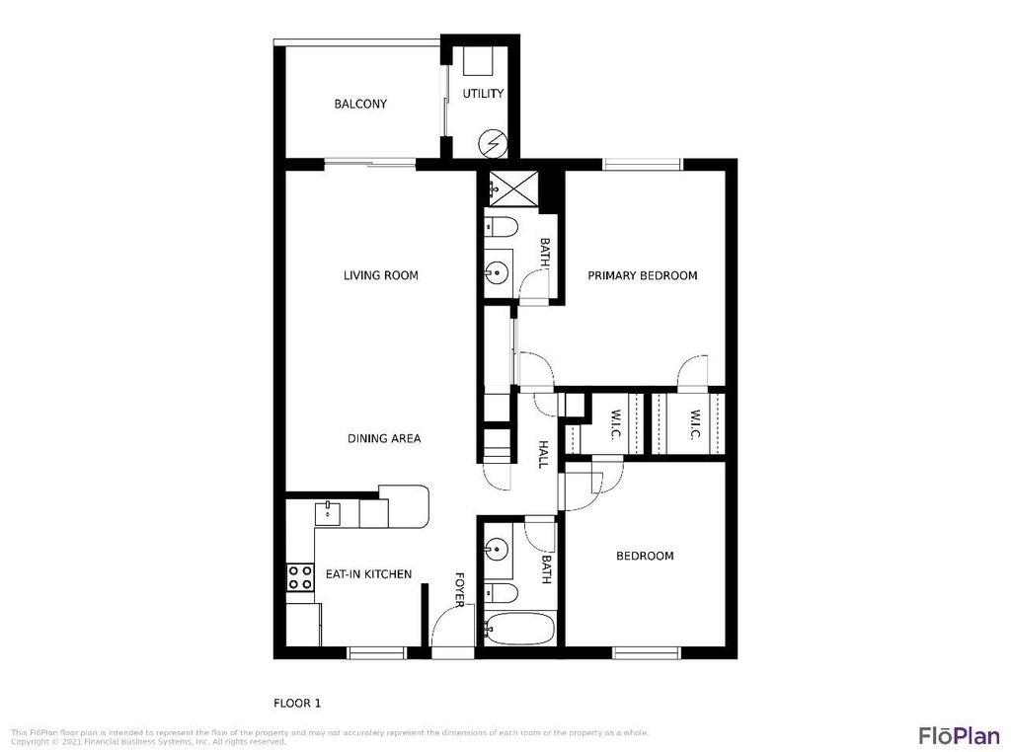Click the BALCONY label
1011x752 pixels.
point(359,104)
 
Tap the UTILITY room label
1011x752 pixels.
point(484,94)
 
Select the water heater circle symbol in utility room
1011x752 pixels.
point(492,145)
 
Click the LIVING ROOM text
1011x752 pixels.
point(380,275)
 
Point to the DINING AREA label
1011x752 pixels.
point(384,438)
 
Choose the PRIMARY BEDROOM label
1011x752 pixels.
point(642,275)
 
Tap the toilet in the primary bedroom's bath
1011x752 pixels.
point(500,228)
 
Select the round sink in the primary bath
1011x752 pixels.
point(497,270)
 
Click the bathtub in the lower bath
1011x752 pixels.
point(518,628)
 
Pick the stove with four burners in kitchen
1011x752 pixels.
point(300,576)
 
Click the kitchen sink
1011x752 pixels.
point(327,513)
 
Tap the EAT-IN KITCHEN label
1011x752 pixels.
point(368,573)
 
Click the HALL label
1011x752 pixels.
point(543,454)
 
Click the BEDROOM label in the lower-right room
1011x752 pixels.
point(645,556)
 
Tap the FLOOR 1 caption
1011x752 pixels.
point(297,704)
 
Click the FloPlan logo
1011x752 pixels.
point(958,735)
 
